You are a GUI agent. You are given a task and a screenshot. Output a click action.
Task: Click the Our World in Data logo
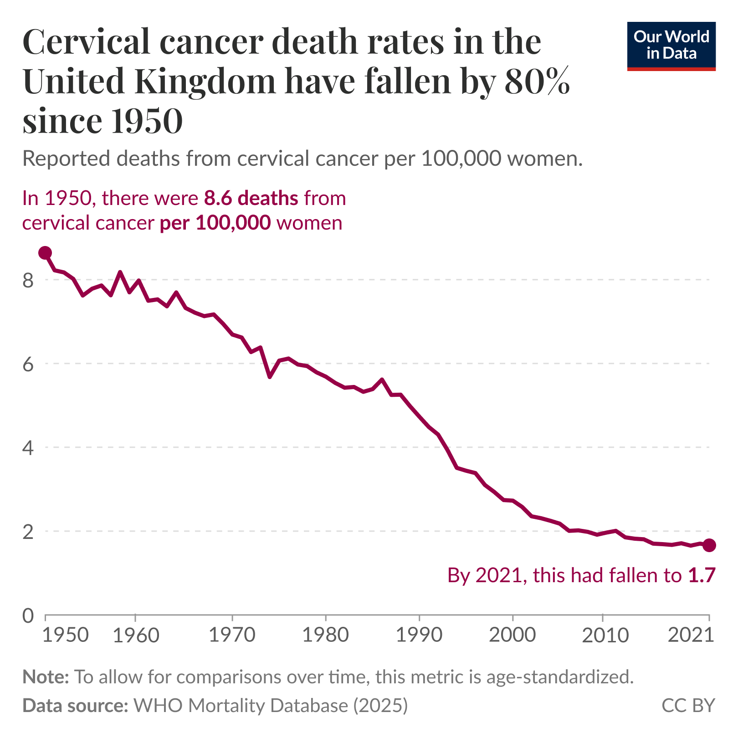click(671, 46)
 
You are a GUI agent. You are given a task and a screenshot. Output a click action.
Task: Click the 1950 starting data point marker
click(45, 253)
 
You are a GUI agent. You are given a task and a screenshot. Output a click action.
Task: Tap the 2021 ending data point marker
click(709, 545)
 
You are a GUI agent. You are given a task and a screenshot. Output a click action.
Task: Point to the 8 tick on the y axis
click(28, 280)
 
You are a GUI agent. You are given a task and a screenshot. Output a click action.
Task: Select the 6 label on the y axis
click(28, 364)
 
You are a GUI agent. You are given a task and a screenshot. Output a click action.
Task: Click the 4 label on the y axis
click(28, 448)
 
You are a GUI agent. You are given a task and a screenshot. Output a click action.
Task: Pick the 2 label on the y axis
click(28, 532)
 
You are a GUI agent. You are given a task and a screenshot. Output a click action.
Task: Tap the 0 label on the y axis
click(28, 615)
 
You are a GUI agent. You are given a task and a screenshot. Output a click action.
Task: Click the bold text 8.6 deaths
click(251, 198)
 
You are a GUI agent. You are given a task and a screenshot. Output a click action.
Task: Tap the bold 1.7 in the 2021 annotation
click(702, 575)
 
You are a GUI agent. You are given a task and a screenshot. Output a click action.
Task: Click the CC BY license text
click(688, 705)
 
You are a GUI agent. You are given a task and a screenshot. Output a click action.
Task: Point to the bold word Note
click(45, 677)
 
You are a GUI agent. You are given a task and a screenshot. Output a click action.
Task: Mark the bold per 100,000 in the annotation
click(215, 223)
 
